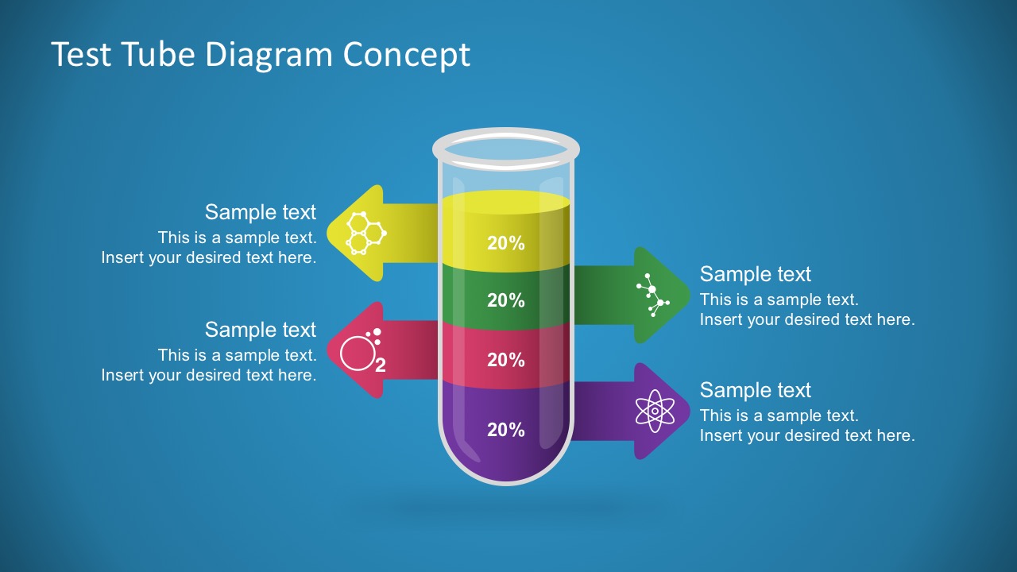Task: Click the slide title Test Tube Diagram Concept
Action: [261, 55]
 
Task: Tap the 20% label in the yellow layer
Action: [506, 244]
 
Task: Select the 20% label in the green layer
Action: [506, 301]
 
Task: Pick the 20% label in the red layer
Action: [506, 361]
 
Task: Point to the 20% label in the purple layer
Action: [506, 431]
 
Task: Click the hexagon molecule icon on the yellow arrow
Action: [365, 233]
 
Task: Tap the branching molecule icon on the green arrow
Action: [653, 296]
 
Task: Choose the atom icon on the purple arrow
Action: [655, 411]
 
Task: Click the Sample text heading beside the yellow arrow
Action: [261, 212]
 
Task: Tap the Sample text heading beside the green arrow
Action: [755, 274]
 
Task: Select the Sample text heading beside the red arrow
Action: [261, 330]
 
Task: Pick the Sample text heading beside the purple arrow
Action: [755, 390]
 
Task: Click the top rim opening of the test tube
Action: [506, 149]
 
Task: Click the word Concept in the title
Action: [407, 55]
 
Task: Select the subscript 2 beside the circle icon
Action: [381, 366]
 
